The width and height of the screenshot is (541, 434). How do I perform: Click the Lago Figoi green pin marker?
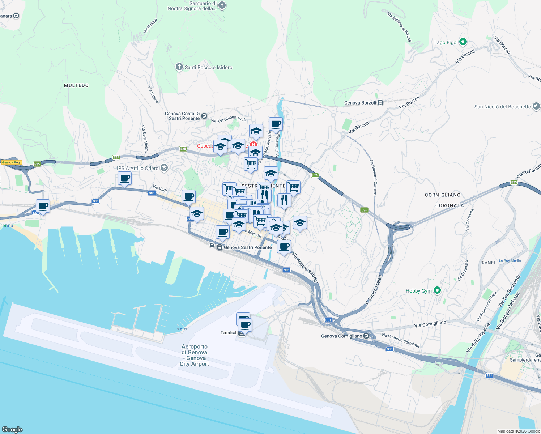click(x=463, y=42)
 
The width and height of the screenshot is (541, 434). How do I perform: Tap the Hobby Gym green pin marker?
click(x=437, y=290)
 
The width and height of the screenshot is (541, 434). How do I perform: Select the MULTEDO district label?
click(x=76, y=85)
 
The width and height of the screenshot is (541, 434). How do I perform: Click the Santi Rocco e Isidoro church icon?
click(x=179, y=67)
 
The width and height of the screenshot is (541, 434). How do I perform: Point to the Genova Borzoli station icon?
click(x=380, y=103)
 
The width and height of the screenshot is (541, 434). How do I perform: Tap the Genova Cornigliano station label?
click(x=341, y=336)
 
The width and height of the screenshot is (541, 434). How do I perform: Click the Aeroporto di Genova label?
click(x=195, y=355)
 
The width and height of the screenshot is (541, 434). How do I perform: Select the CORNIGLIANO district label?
click(x=443, y=195)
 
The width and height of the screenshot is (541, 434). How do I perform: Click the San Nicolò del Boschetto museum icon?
click(x=536, y=106)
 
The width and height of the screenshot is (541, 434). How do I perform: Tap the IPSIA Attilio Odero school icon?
click(x=164, y=168)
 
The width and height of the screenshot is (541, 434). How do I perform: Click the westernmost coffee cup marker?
click(x=43, y=206)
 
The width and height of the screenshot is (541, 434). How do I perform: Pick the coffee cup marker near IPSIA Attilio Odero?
click(x=125, y=178)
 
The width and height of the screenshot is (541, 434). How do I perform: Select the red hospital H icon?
click(x=253, y=145)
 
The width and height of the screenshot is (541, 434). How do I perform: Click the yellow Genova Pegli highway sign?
click(x=12, y=162)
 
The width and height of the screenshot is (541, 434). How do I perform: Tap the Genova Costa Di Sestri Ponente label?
click(x=182, y=116)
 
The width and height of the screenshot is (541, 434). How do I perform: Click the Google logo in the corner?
click(x=12, y=429)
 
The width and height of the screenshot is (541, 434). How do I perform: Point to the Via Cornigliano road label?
click(x=430, y=324)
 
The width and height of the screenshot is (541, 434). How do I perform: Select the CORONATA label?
click(x=449, y=205)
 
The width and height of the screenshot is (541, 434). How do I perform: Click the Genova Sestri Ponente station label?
click(x=247, y=247)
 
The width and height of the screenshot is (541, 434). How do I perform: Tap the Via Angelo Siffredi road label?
click(x=305, y=267)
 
